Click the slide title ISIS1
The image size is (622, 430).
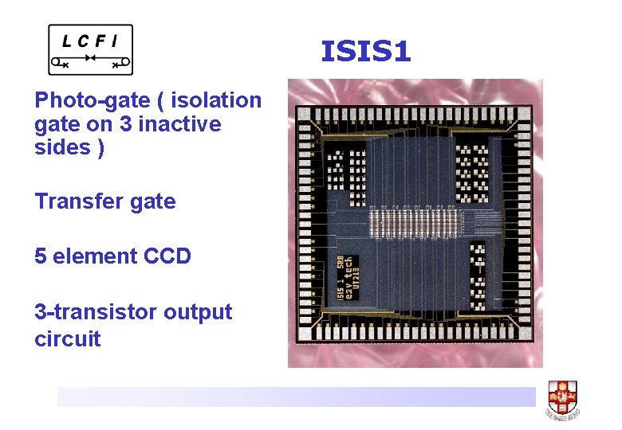(365, 53)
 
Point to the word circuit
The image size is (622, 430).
(67, 339)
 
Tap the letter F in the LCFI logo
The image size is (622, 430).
(105, 39)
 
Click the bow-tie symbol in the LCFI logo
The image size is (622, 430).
(90, 60)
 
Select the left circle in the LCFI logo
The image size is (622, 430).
(56, 61)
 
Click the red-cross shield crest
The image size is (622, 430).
(562, 395)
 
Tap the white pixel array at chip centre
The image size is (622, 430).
(415, 217)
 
